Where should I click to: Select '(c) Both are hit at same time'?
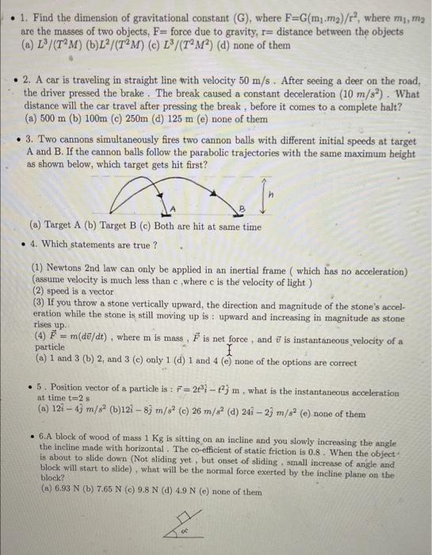click(x=206, y=226)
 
